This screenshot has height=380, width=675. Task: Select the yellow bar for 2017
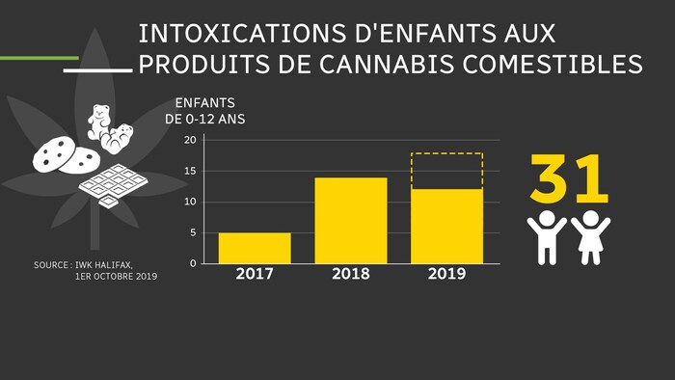point(255,248)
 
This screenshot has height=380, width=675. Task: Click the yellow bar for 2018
point(351,221)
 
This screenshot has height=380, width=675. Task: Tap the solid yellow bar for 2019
point(446,226)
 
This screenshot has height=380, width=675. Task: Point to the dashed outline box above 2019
point(446,171)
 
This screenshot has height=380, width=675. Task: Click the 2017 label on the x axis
point(255,274)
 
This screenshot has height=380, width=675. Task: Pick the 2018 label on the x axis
point(351,274)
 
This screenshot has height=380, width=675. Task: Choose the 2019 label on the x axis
point(446,274)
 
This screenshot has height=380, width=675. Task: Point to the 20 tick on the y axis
point(190,141)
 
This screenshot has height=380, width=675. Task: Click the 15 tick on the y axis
point(190,172)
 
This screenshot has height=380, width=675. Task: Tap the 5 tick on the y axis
point(193,233)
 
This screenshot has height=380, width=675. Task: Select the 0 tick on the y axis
point(193,263)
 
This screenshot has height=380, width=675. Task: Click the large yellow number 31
point(569,179)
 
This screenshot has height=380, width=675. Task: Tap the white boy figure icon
point(547,236)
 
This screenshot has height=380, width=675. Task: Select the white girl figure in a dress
point(590,236)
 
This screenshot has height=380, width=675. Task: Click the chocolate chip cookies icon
point(64,154)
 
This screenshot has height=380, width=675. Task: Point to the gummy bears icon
point(107,127)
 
